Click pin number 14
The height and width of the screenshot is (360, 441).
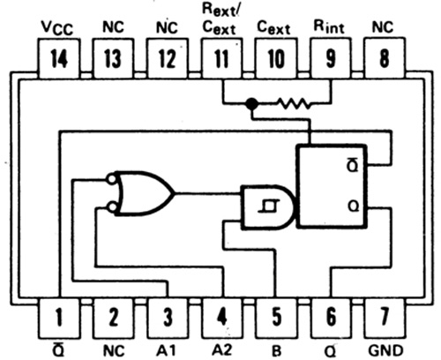(59, 58)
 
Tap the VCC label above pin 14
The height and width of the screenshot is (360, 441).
(57, 28)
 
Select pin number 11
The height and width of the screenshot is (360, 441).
(221, 58)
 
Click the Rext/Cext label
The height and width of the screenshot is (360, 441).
(220, 19)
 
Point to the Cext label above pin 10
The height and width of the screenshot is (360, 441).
(273, 28)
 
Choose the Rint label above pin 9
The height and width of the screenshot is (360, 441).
(329, 26)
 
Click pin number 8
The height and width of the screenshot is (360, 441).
(385, 58)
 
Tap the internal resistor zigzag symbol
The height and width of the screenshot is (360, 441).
(294, 103)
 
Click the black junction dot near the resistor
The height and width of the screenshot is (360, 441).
(251, 103)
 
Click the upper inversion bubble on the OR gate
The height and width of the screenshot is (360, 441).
(111, 179)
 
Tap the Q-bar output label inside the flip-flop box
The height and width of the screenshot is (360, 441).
(353, 165)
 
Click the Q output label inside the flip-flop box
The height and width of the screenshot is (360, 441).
(353, 206)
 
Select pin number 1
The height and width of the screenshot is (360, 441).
(59, 318)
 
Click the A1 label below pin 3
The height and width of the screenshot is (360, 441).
(166, 350)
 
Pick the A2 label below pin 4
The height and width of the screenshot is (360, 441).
(221, 350)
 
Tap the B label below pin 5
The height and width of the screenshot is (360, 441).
(277, 351)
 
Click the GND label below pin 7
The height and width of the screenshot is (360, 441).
(385, 350)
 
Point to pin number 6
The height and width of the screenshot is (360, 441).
(331, 318)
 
